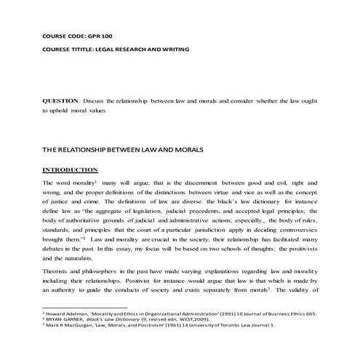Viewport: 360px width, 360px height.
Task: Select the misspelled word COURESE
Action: [x=60, y=49]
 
